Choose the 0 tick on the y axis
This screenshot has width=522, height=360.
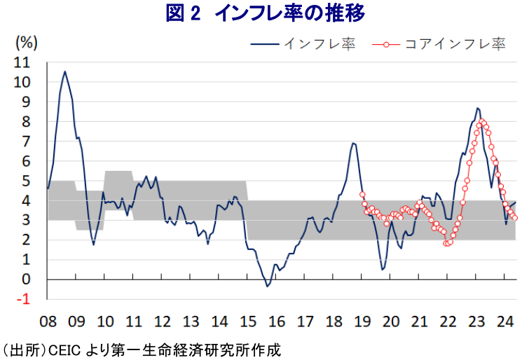coord(27,279)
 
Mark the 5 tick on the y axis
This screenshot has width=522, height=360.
coord(27,181)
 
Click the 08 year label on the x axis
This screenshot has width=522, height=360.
coord(48,321)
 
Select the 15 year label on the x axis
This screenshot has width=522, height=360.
coord(247,321)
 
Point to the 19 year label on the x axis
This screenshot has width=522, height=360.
coord(362,321)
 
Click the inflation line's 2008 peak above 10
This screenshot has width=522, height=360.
coord(65,71)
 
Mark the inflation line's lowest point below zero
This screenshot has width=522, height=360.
coord(267,286)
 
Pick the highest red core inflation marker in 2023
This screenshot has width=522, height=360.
coord(482,122)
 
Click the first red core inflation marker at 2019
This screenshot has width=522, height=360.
coord(362,195)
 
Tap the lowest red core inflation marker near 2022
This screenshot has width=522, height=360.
coord(447,243)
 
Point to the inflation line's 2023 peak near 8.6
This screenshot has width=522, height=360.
coord(477,109)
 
